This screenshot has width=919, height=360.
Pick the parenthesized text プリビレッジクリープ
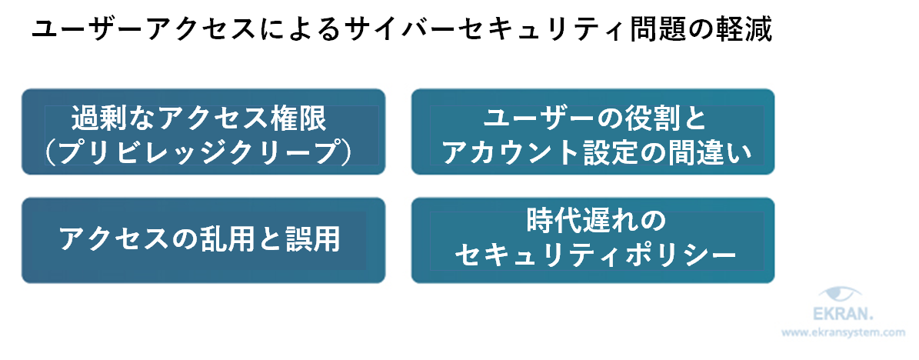(199, 152)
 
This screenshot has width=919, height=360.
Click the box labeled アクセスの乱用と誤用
(203, 240)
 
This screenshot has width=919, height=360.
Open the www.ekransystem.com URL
(844, 334)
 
